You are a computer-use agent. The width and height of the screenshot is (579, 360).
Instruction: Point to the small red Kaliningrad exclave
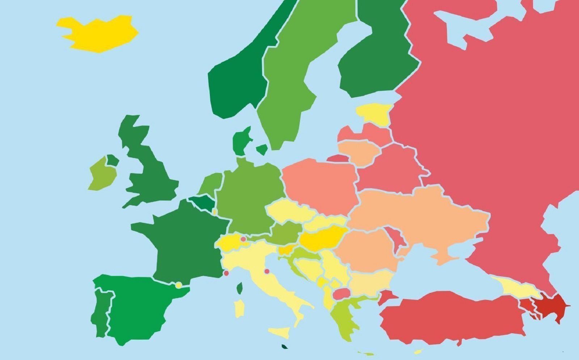[x=337, y=158]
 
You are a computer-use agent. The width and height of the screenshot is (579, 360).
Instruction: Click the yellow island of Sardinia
[x=239, y=308]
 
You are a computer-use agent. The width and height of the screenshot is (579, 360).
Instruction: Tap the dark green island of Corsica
[x=240, y=288]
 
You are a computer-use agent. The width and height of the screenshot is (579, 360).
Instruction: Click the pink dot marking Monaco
[x=226, y=273]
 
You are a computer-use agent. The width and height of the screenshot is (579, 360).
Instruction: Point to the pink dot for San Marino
[x=267, y=271]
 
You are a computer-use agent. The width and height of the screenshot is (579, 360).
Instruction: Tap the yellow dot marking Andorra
[x=178, y=285]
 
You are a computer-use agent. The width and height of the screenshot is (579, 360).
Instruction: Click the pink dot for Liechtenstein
[x=243, y=239]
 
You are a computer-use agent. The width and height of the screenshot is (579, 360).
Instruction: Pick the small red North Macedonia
[x=340, y=294]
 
